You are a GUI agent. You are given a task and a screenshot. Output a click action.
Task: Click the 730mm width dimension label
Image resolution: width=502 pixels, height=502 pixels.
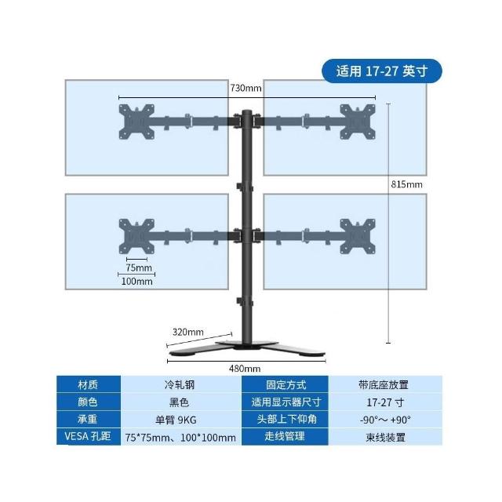(x=246, y=88)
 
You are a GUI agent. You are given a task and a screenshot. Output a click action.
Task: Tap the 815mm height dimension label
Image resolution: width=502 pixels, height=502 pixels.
(x=406, y=184)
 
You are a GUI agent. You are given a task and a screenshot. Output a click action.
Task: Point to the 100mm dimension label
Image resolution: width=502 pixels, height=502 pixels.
(x=136, y=281)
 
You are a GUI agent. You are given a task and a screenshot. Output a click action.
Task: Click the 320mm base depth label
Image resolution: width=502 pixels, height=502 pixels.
(x=187, y=331)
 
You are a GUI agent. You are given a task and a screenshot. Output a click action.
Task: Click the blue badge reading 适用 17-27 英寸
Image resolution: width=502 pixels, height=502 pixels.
(x=382, y=71)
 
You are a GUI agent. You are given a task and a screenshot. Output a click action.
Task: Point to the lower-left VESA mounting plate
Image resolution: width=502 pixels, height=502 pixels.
(x=135, y=235)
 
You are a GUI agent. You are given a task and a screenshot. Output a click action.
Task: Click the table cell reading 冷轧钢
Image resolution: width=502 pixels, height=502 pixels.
(x=180, y=385)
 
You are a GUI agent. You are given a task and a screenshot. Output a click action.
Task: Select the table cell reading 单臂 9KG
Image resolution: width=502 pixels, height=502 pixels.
(x=180, y=420)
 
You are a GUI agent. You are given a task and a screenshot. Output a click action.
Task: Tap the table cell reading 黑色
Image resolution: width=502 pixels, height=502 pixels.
(x=180, y=402)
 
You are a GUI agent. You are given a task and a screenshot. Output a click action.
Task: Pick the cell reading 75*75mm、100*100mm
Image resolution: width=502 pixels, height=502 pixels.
(x=180, y=437)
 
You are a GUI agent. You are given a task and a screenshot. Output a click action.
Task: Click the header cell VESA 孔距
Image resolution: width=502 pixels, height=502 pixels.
(x=88, y=437)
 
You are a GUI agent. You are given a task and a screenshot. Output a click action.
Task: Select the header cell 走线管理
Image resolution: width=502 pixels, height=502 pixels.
(x=284, y=437)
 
